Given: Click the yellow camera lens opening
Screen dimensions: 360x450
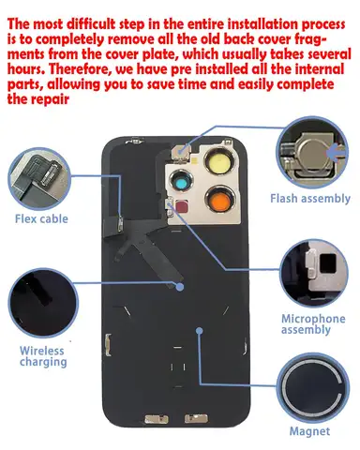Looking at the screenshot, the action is point(218,162).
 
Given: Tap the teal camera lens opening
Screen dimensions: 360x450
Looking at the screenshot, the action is point(181,182).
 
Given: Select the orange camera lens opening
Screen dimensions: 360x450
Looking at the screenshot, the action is point(219,199).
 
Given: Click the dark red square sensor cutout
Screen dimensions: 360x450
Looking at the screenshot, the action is point(182,206).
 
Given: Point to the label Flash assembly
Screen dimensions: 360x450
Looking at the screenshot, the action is point(310,199).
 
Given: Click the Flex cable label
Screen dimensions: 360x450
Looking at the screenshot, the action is point(41,218).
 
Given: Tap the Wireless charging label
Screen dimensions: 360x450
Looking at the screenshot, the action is point(43,356).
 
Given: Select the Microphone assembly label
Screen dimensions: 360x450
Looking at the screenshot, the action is point(313,324).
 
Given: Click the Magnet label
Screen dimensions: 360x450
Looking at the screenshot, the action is point(309,431).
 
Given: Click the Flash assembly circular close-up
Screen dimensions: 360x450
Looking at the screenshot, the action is point(312,153).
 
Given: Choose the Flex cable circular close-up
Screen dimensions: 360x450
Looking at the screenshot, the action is point(39,178).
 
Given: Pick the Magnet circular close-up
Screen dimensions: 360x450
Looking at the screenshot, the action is point(313,388).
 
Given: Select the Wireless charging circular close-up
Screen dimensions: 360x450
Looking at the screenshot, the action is point(43,303).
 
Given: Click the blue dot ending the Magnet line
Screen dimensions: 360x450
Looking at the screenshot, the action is point(200,331).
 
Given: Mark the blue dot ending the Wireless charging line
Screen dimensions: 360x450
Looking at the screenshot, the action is point(180,287).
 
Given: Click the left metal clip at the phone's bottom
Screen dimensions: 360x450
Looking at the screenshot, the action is point(156,419).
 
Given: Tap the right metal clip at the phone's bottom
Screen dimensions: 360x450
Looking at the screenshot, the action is point(196,418).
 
